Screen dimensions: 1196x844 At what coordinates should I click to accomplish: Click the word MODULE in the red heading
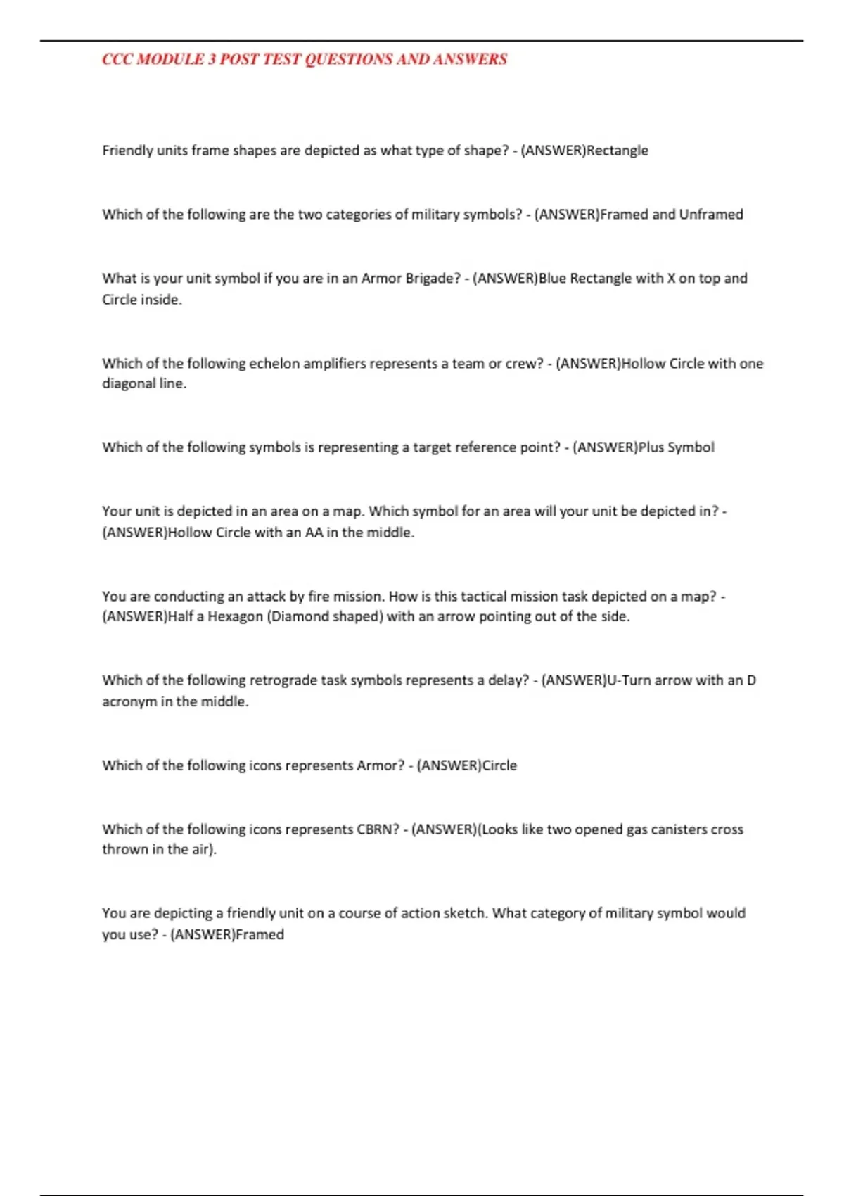point(170,59)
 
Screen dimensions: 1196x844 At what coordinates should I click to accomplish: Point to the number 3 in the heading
point(212,59)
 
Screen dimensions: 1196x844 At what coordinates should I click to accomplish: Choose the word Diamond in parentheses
point(300,616)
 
